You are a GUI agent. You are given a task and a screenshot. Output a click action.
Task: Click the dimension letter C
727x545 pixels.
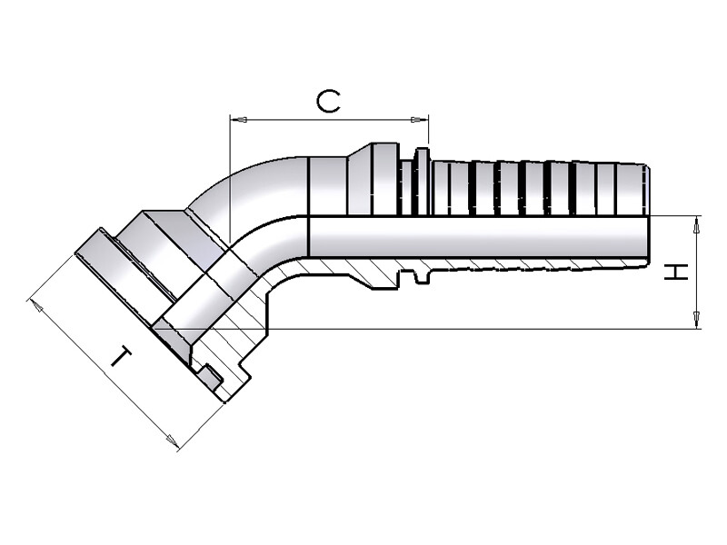(x=328, y=102)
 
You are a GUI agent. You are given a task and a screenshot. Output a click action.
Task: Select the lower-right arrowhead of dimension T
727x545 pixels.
(x=173, y=441)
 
